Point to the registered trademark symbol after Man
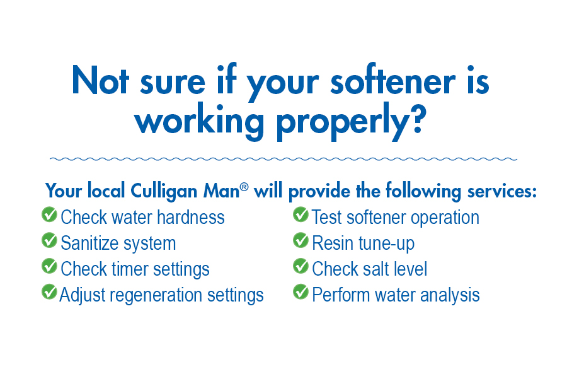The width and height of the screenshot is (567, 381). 244,187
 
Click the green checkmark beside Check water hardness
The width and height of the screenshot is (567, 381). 50,214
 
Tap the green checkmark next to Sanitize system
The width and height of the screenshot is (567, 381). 50,240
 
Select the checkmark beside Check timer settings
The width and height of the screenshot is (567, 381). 50,266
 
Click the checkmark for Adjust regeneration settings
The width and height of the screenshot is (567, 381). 50,291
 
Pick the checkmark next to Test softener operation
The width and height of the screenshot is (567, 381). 301,214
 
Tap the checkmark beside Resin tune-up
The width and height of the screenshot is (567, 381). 301,240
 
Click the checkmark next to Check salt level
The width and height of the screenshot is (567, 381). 301,266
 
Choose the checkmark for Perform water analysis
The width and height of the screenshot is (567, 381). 301,291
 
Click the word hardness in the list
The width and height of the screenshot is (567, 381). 190,217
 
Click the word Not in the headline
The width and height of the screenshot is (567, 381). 100,80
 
